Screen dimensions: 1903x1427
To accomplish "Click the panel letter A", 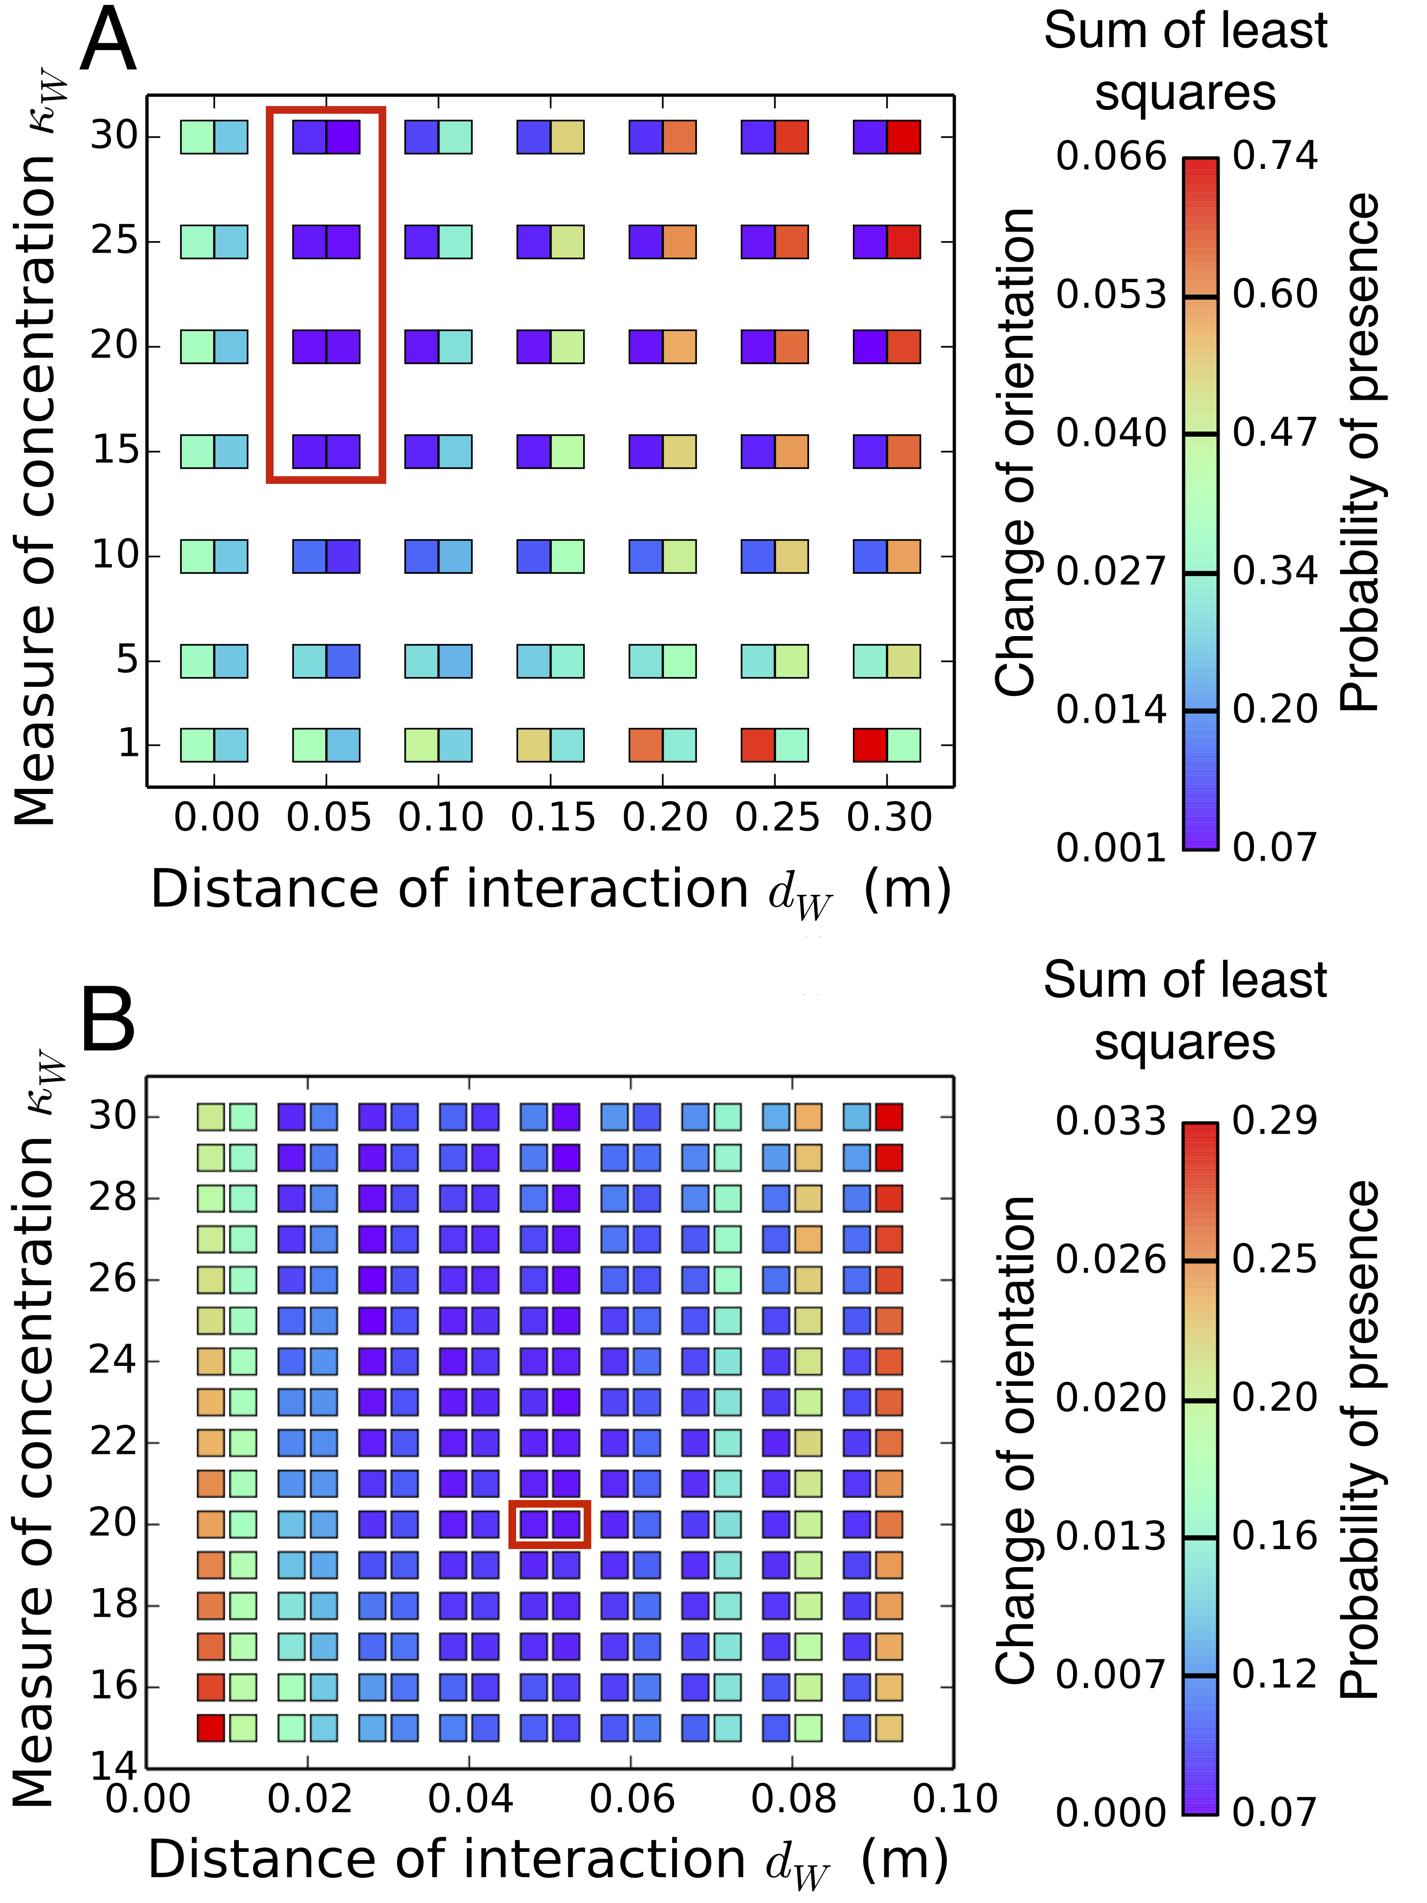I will [108, 40].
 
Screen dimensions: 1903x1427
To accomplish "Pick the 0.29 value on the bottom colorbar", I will [1275, 1121].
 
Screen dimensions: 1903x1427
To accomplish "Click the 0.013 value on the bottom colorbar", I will [1111, 1537].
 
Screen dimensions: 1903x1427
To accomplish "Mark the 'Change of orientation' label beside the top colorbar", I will [1015, 451].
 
